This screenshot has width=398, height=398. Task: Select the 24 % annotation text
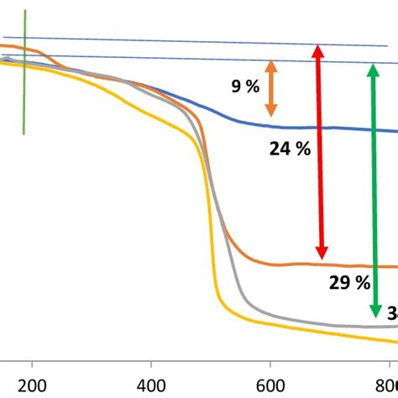click(290, 149)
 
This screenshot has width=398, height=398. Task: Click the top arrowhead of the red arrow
click(318, 50)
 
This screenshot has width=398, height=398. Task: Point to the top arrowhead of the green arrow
click(370, 66)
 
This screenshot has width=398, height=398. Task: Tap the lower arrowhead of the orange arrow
click(270, 112)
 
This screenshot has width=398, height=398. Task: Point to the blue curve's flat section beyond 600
click(336, 128)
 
